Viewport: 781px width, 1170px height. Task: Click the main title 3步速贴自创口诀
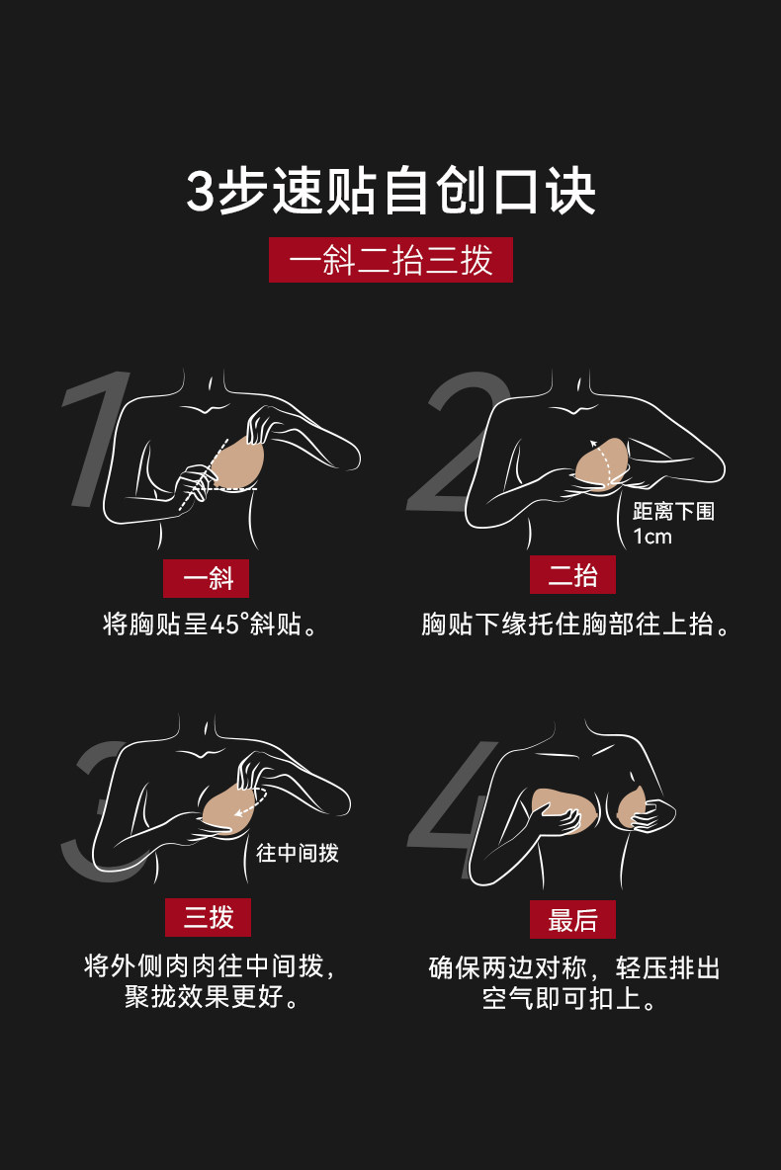tap(390, 191)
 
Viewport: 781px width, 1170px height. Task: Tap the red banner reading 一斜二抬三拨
tap(390, 260)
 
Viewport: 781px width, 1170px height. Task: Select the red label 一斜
tap(206, 578)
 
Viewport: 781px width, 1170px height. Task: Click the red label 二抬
tap(572, 574)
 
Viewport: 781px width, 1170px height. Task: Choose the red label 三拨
tap(208, 917)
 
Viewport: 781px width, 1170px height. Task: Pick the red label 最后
tap(572, 919)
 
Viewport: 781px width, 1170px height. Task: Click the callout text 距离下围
tap(673, 511)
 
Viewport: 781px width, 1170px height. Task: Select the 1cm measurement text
tap(651, 537)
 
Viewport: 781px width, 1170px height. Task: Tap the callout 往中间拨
tap(298, 852)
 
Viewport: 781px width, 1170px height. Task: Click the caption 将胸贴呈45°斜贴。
tap(211, 624)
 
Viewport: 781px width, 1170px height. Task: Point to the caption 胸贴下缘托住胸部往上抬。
tap(575, 624)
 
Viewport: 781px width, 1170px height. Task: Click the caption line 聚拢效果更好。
tap(212, 996)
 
